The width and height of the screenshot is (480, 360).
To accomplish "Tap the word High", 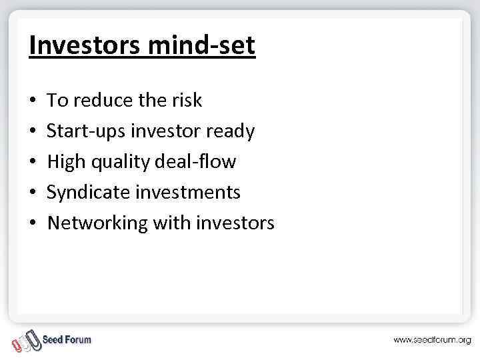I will click(65, 162).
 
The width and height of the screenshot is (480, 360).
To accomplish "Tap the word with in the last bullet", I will click(171, 223).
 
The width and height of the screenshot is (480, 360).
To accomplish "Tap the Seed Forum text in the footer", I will click(67, 339).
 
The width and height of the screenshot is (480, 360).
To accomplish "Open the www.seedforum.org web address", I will click(431, 340).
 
